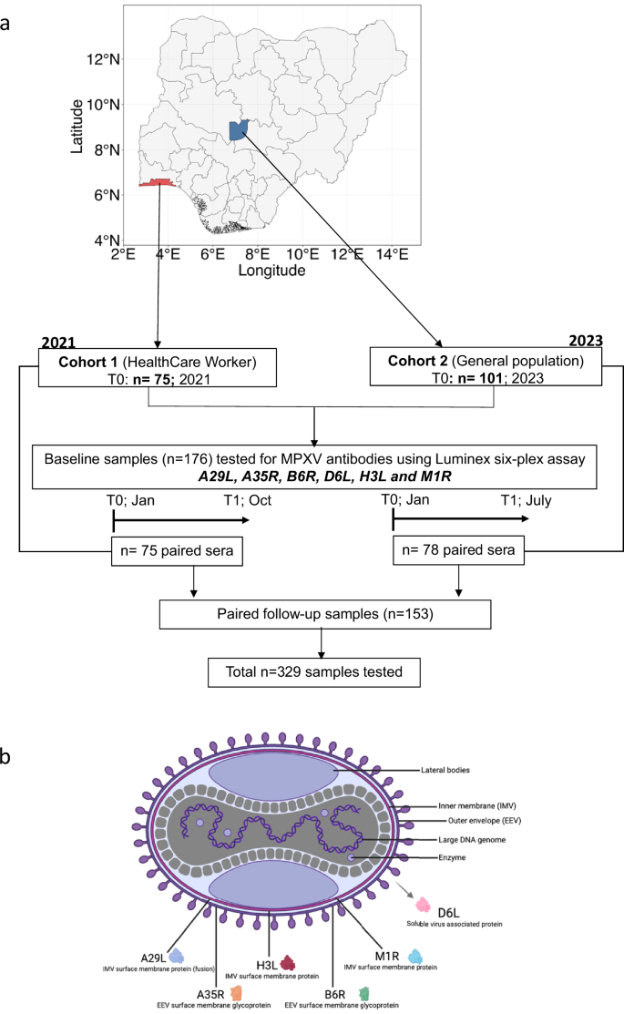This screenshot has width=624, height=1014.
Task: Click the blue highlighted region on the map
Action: tap(240, 131)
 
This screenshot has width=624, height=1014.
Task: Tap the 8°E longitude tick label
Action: tap(257, 254)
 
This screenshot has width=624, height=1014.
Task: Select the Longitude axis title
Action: tap(271, 271)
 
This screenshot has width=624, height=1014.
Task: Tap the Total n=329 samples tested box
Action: tap(320, 673)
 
